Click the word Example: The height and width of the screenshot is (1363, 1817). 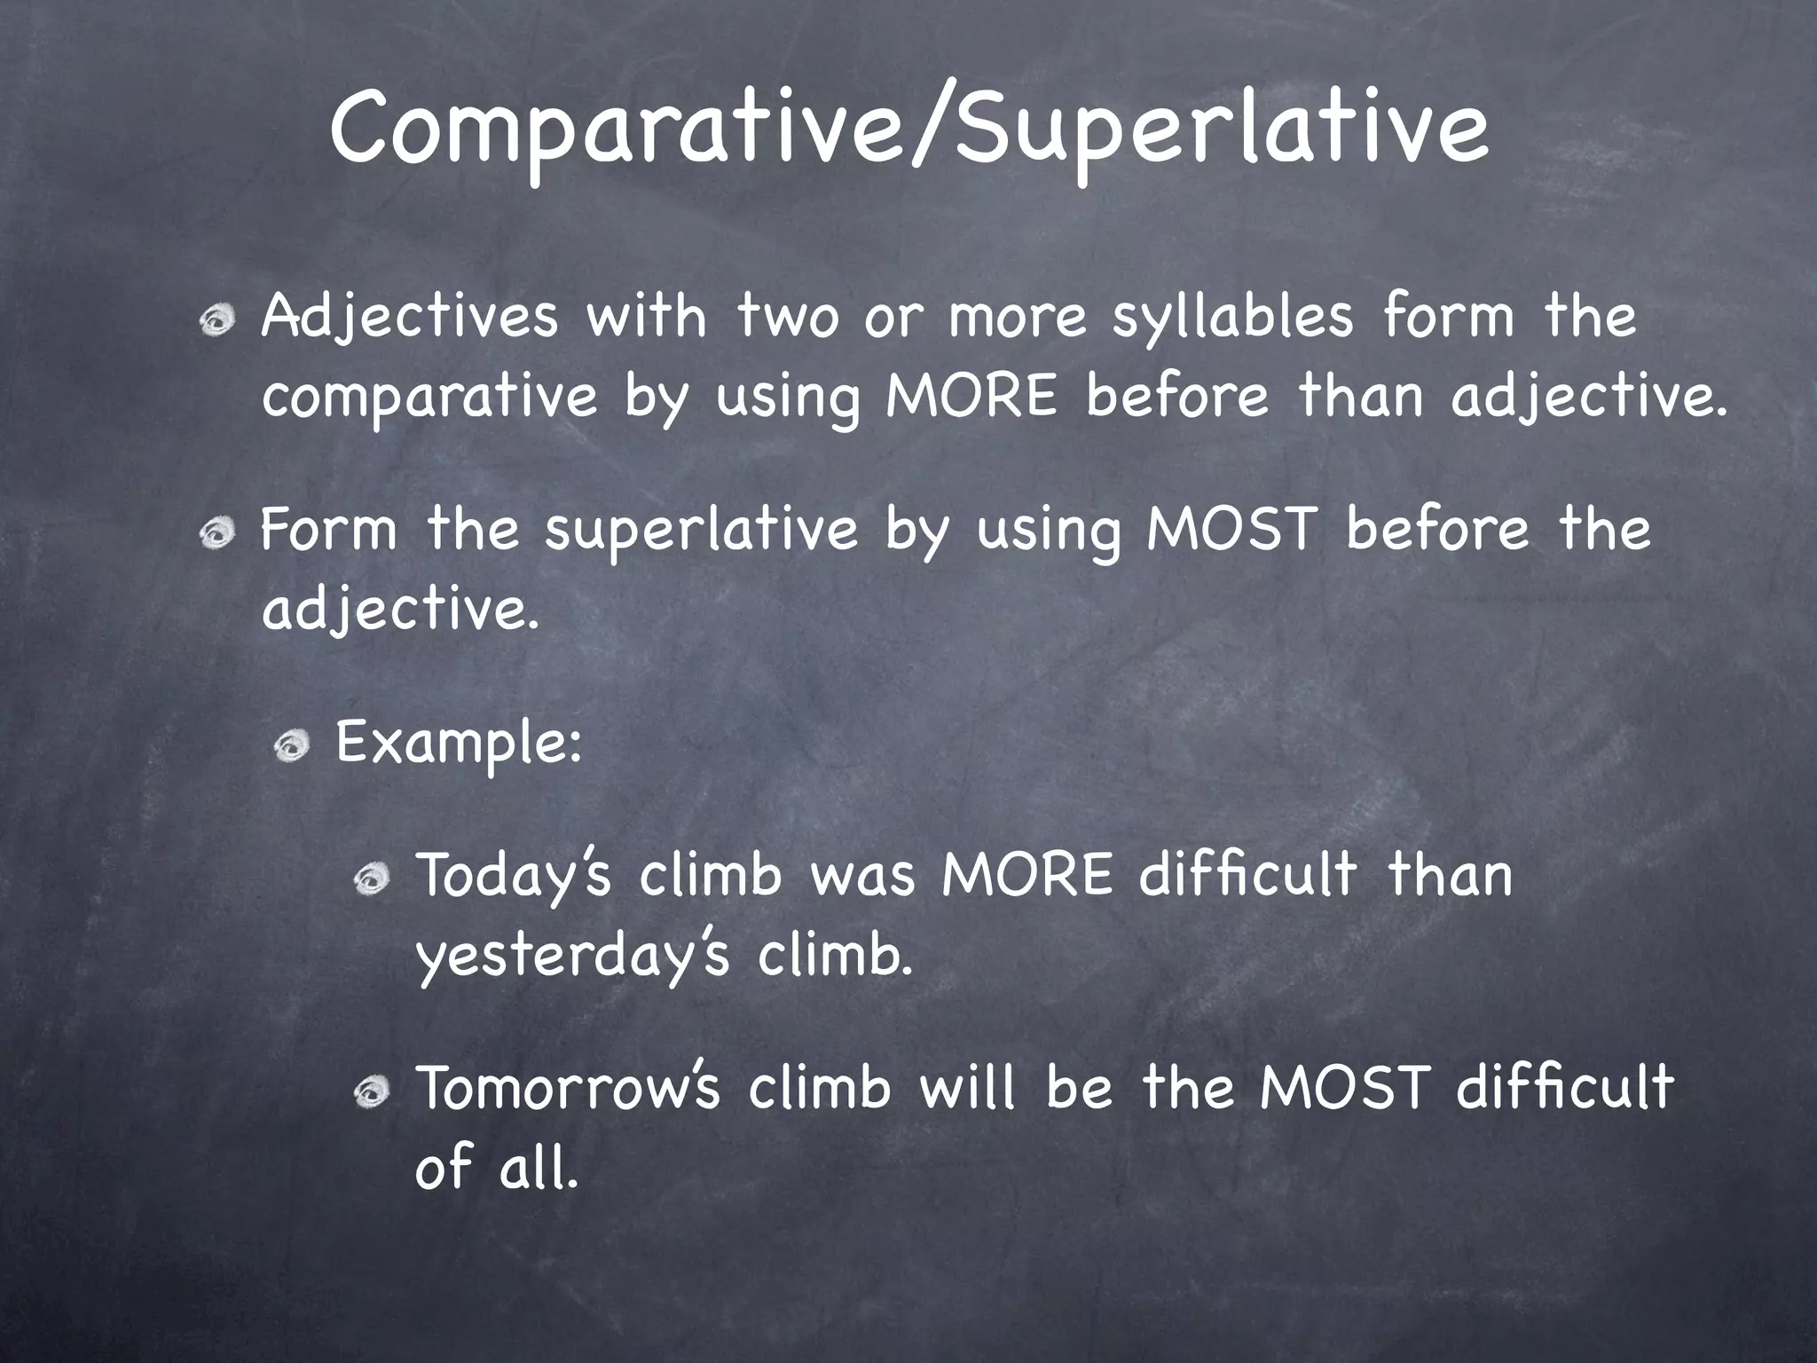[459, 744]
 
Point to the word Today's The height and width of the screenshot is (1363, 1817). [514, 877]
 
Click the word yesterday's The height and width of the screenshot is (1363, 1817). [573, 957]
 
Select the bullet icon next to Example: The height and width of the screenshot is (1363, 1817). [291, 748]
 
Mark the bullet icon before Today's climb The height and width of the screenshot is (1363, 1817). [371, 880]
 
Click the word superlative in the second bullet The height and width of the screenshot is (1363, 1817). [701, 531]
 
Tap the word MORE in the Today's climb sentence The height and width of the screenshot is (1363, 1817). [1026, 875]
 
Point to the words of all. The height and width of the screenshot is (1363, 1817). [495, 1168]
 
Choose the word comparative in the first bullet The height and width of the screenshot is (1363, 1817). [429, 398]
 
